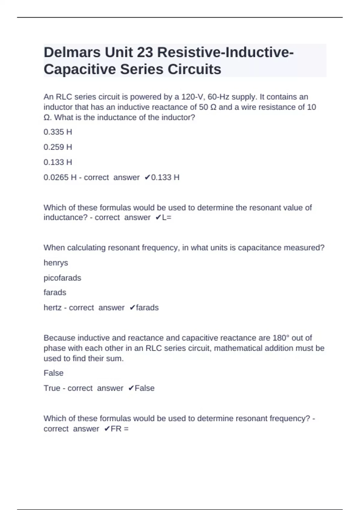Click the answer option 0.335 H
coord(58,132)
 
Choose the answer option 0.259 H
coord(58,147)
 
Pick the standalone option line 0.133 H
coord(58,162)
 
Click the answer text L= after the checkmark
coord(166,217)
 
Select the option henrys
coord(56,263)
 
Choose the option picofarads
coord(62,278)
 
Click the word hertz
coord(52,308)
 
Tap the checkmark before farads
coord(132,308)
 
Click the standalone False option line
coord(53,373)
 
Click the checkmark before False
coord(131,388)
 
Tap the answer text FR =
coord(119,429)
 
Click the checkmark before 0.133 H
coord(147,177)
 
